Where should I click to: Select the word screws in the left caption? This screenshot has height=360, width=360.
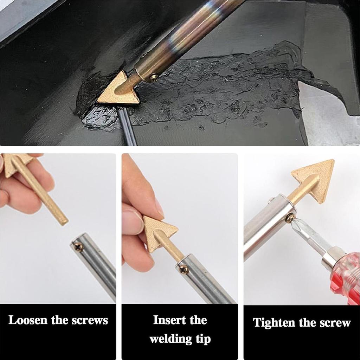pos(90,320)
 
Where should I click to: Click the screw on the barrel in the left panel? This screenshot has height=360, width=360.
pos(78,247)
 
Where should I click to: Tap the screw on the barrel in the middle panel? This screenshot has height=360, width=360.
pos(183,270)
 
